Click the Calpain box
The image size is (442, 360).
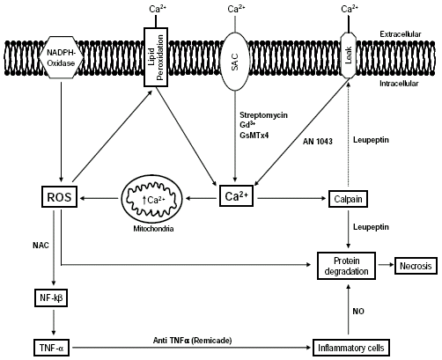pyautogui.click(x=347, y=198)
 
